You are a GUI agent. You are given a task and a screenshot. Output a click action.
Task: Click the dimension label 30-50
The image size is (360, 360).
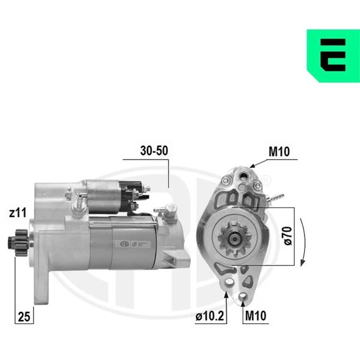coord(154,151)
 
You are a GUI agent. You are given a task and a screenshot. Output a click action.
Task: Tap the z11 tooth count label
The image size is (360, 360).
coord(17,212)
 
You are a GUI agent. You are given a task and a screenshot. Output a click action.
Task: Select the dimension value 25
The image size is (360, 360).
coord(24,317)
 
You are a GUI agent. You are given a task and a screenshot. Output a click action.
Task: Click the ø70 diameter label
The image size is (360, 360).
coord(288,236)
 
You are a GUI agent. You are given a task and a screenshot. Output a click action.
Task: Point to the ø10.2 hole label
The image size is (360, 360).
coord(209,316)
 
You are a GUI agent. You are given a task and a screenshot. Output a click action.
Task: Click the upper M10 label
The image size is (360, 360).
coord(279,152)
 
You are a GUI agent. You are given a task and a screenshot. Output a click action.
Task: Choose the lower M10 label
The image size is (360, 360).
coord(256,316)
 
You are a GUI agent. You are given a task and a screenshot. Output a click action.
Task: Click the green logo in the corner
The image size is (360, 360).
coord(334,56)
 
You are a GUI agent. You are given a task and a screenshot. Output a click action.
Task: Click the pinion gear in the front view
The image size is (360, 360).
coord(235,239)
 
